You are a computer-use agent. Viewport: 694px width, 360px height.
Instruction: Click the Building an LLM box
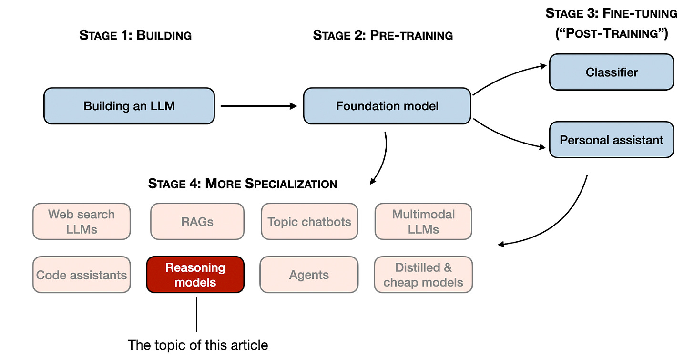[129, 106]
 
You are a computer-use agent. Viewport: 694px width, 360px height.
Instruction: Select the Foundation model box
[387, 106]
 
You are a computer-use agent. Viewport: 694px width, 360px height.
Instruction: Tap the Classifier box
[612, 72]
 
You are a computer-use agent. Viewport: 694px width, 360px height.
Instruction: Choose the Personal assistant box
[612, 140]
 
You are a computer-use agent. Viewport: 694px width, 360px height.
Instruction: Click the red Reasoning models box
[195, 275]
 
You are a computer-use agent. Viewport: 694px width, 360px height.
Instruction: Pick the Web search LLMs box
[82, 222]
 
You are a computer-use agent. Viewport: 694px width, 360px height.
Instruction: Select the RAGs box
[197, 222]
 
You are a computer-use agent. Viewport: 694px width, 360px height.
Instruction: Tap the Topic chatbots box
[309, 222]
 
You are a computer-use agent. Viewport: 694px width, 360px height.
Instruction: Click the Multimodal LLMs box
[423, 222]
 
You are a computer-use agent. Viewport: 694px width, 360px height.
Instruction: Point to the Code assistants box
[82, 275]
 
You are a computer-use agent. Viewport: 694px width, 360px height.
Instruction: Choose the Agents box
[309, 275]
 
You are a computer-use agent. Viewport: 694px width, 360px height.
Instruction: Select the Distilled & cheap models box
[423, 275]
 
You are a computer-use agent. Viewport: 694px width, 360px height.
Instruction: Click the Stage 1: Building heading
[135, 35]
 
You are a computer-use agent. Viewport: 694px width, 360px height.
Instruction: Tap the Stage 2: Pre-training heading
[383, 35]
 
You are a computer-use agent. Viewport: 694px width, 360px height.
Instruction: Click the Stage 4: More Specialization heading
[243, 184]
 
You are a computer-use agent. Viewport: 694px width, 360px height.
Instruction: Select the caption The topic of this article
[198, 345]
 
